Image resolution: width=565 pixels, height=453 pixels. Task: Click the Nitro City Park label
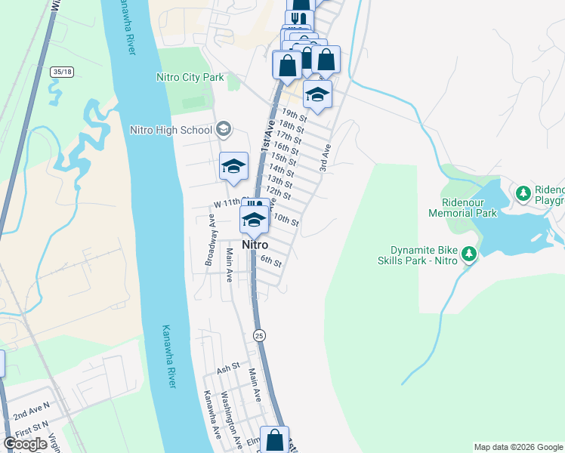190,77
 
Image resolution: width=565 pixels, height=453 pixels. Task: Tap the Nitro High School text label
171,130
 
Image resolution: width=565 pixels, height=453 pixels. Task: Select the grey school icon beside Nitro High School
224,130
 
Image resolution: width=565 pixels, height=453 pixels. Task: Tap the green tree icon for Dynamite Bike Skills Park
469,254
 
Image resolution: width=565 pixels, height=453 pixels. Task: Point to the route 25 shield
260,334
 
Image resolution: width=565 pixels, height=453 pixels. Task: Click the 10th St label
286,221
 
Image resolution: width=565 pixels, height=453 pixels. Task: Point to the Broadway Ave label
210,243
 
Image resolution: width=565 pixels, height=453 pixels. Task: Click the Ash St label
227,368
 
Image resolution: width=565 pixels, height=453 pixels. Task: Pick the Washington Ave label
230,418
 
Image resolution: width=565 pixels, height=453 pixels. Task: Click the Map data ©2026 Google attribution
518,447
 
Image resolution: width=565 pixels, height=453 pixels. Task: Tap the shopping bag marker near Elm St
276,440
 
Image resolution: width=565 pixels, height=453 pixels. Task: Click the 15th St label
283,159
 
